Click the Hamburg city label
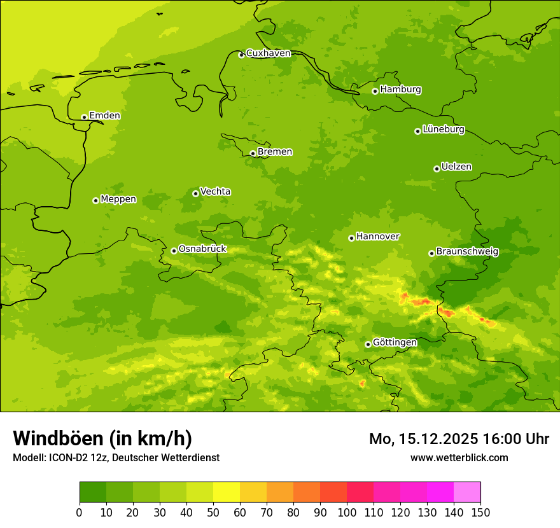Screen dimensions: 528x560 [x=400, y=90]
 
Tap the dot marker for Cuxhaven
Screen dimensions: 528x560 [x=241, y=55]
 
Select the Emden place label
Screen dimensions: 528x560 [x=104, y=116]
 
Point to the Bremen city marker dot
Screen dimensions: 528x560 [x=253, y=153]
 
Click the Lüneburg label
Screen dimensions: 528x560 [x=443, y=130]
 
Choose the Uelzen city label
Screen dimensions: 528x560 [x=456, y=167]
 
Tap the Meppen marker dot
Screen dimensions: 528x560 [x=95, y=200]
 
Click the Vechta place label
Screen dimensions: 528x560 [x=215, y=191]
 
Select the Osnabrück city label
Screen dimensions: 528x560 [x=202, y=249]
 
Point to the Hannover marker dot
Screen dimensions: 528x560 [x=351, y=238]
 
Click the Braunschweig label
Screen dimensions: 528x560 [x=467, y=252]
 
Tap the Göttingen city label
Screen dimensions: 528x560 [x=395, y=343]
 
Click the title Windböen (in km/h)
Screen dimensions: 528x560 [x=102, y=439]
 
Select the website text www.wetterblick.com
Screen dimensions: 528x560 [x=459, y=458]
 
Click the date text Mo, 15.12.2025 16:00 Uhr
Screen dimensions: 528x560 [x=459, y=439]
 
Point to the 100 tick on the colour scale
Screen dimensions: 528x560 [x=347, y=513]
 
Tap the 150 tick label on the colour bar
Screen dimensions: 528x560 [x=480, y=513]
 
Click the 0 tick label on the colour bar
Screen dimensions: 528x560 [x=80, y=513]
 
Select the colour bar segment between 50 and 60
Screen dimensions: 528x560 [x=227, y=492]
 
